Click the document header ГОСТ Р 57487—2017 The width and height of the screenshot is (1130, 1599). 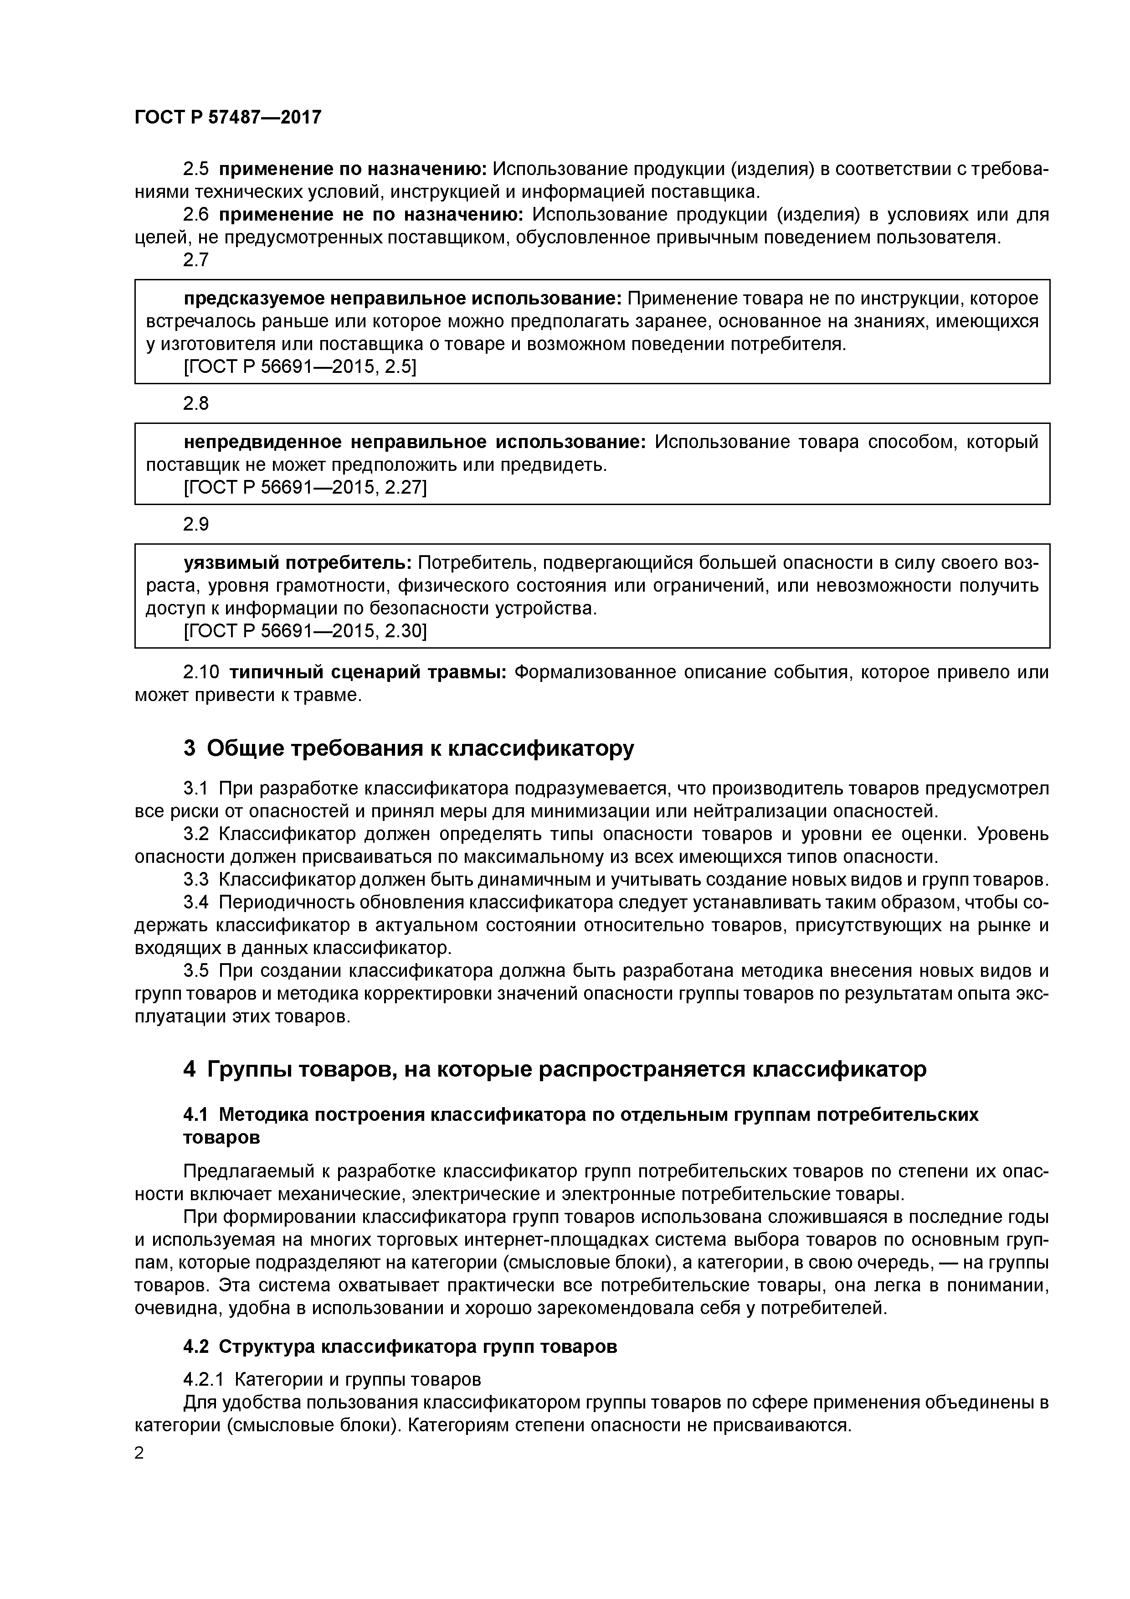point(228,117)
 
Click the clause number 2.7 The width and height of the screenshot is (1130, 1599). point(195,260)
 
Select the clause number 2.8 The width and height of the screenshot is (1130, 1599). point(195,404)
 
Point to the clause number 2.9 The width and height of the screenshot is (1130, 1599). point(195,524)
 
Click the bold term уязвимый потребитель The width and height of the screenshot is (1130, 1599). point(298,563)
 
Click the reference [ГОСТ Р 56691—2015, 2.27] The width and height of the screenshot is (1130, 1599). point(304,488)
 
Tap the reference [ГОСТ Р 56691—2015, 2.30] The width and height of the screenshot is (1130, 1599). point(304,631)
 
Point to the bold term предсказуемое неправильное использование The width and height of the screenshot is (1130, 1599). point(402,299)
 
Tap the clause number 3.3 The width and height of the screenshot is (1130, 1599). point(195,880)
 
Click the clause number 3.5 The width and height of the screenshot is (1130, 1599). point(195,971)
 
